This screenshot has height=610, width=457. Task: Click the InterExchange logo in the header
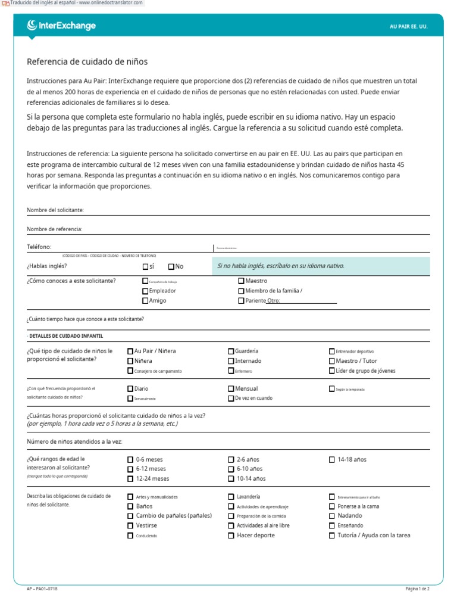tap(61, 26)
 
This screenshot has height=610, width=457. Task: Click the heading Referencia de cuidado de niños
tap(87, 61)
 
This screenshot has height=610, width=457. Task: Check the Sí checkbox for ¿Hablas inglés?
tap(145, 267)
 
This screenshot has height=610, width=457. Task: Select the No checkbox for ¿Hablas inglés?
tap(171, 267)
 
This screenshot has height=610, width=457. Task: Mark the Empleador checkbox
tap(145, 291)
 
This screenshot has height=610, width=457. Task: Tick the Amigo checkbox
tap(145, 301)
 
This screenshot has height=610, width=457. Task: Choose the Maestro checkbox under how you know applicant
tap(241, 281)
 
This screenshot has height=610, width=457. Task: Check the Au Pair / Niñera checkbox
tap(130, 351)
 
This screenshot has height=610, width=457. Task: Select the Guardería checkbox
tap(231, 351)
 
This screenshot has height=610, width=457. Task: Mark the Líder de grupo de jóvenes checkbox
tap(332, 371)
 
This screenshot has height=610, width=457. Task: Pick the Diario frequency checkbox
tap(130, 388)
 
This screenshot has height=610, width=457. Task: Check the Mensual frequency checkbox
tap(231, 388)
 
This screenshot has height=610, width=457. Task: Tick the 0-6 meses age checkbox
tap(130, 460)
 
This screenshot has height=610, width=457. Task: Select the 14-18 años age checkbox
tap(332, 460)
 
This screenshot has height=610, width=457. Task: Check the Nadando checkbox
tap(332, 516)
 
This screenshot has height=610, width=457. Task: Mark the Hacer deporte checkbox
tap(231, 536)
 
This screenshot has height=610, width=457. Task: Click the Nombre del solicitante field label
tap(55, 210)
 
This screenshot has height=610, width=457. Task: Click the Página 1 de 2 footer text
tap(417, 589)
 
